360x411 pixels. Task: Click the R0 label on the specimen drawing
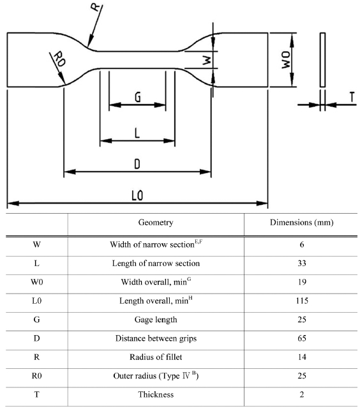[59, 59]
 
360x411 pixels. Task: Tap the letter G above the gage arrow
[137, 97]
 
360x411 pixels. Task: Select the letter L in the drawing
[137, 133]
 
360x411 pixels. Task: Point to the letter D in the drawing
[137, 164]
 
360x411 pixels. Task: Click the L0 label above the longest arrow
[137, 195]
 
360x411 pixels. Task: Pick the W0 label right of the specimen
[286, 60]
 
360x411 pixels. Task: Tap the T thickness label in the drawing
[352, 97]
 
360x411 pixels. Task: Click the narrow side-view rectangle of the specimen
[322, 60]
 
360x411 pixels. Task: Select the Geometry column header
[156, 223]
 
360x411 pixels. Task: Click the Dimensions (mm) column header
[301, 223]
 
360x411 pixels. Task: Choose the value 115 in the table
[302, 301]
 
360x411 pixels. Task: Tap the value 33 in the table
[302, 263]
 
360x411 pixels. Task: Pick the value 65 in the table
[302, 338]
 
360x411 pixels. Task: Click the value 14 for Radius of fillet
[302, 357]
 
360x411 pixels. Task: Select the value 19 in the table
[302, 282]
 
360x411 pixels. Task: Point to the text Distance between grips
[156, 338]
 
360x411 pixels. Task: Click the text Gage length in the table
[156, 320]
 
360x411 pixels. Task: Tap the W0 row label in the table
[37, 282]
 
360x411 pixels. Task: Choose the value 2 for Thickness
[302, 394]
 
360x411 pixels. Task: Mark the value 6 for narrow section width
[302, 244]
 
